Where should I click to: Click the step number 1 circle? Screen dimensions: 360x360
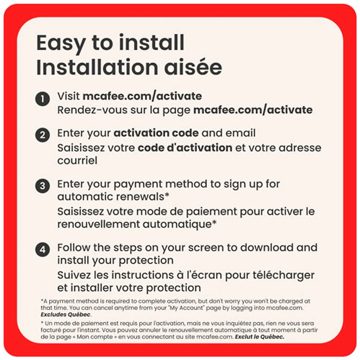[42, 99]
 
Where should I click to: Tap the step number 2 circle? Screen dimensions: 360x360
[42, 135]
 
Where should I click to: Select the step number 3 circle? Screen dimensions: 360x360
[42, 186]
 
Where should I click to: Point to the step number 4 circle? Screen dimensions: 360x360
[42, 250]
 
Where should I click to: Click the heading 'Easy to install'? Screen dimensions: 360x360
[110, 44]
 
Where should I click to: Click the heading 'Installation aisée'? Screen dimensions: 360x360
[129, 67]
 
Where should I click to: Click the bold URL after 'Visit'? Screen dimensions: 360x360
[142, 96]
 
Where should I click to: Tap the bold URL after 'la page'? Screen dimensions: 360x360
[253, 110]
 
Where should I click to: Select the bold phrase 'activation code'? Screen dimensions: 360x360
[156, 133]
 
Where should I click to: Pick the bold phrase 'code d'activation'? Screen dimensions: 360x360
[185, 148]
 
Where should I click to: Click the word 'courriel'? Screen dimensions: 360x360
[77, 161]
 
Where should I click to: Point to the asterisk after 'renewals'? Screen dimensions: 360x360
[167, 195]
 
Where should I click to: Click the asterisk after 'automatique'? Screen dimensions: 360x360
[214, 222]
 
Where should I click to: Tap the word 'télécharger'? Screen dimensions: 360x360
[283, 275]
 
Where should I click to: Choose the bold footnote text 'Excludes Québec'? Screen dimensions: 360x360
[65, 315]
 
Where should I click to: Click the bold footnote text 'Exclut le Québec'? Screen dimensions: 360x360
[260, 337]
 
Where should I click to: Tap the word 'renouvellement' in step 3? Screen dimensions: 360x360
[99, 224]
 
